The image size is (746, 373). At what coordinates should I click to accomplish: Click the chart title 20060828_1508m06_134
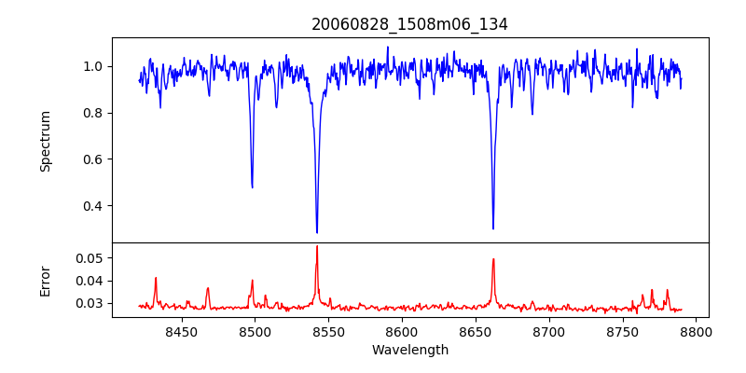tap(409, 24)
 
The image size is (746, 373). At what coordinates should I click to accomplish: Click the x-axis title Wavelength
tap(409, 350)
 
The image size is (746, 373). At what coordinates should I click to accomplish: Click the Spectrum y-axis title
tap(45, 141)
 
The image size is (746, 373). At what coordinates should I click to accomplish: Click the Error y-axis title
tap(45, 280)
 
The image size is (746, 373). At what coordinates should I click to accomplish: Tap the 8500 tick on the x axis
tap(255, 331)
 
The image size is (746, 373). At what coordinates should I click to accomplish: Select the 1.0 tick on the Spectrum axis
tap(94, 66)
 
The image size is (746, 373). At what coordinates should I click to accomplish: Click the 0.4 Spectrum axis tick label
tap(94, 206)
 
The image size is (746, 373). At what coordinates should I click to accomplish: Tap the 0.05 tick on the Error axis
tap(90, 257)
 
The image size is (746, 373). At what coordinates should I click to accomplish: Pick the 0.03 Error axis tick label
tap(90, 303)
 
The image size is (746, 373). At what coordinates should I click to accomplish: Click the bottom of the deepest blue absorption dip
tap(317, 232)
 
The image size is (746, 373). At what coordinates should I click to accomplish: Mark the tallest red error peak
tap(317, 246)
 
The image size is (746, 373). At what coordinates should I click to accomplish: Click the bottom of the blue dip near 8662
tap(493, 228)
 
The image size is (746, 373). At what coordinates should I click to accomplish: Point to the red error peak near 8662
tap(493, 259)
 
